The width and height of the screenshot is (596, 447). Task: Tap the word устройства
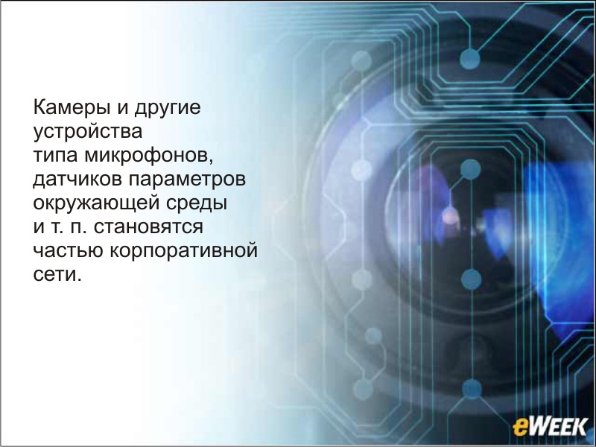[x=88, y=133]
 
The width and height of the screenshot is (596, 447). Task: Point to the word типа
[x=55, y=156]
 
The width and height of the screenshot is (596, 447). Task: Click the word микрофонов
[x=146, y=155]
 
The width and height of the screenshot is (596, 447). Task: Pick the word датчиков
[x=77, y=180]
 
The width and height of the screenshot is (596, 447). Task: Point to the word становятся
[x=148, y=227]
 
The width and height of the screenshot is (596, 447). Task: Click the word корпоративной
[x=184, y=250]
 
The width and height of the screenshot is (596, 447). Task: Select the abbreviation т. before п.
[x=55, y=227]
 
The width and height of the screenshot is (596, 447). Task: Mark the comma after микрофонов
[x=211, y=161]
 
